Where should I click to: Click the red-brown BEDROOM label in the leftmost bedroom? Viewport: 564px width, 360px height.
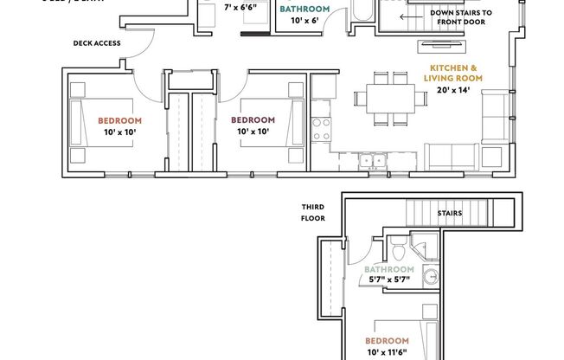(119, 120)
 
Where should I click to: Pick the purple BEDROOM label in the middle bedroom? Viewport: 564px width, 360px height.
(253, 119)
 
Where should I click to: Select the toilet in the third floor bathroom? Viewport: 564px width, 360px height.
(397, 253)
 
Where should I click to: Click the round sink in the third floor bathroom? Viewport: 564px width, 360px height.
(430, 277)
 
